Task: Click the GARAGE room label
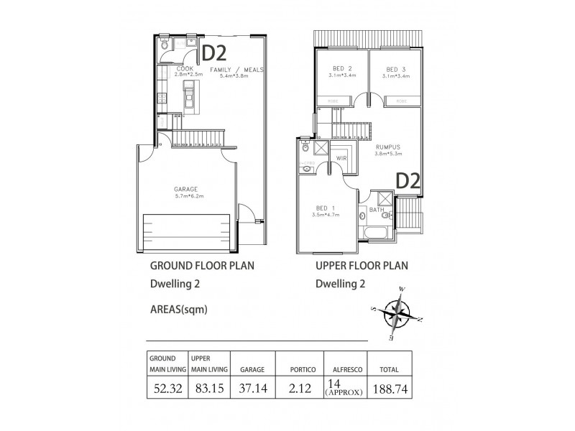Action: pos(185,190)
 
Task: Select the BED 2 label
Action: pos(341,69)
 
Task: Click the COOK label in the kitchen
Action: pos(184,69)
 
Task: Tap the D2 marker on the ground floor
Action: pos(213,52)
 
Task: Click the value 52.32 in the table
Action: pos(165,389)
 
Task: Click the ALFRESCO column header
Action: pos(344,369)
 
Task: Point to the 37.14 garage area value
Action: pos(252,389)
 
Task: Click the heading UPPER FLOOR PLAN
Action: pos(362,265)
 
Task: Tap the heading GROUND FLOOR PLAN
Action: pos(202,265)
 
